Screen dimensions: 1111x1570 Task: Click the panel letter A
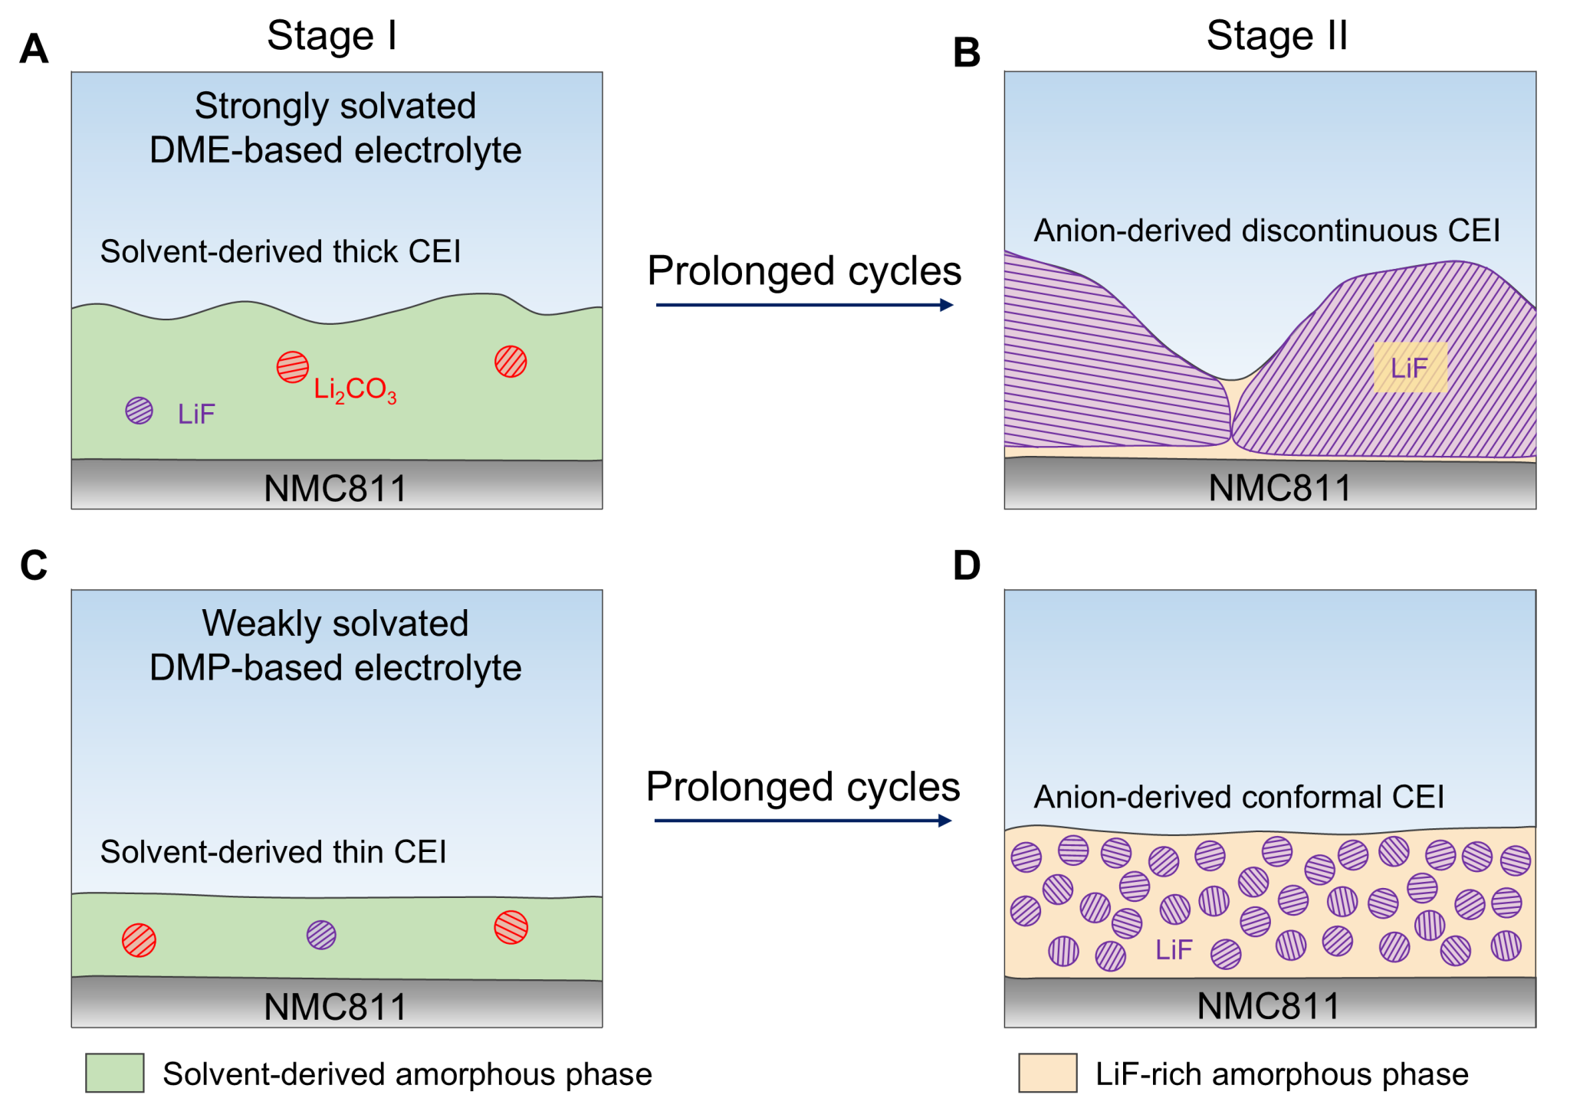click(34, 49)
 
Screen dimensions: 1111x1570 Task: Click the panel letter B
click(967, 53)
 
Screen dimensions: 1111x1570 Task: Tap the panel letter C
click(34, 565)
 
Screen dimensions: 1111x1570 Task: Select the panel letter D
click(967, 565)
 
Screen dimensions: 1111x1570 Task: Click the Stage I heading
click(332, 35)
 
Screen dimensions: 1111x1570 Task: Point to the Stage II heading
click(1276, 35)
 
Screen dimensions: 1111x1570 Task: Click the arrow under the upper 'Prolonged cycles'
click(804, 305)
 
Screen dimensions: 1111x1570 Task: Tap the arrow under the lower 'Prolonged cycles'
click(803, 821)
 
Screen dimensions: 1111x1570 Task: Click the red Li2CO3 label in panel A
click(355, 390)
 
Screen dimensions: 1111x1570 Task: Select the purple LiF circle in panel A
click(140, 411)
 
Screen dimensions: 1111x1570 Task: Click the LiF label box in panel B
click(1410, 368)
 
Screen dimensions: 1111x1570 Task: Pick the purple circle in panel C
click(321, 935)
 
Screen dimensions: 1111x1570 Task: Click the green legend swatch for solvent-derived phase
click(115, 1073)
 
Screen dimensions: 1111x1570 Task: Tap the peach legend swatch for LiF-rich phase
click(1047, 1073)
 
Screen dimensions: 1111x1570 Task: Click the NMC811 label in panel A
click(335, 488)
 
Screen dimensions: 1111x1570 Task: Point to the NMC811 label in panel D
click(1268, 1006)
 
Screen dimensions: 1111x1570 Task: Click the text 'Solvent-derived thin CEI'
click(273, 852)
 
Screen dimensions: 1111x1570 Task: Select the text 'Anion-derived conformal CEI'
click(1239, 797)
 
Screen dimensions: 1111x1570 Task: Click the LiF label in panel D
click(1174, 950)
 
